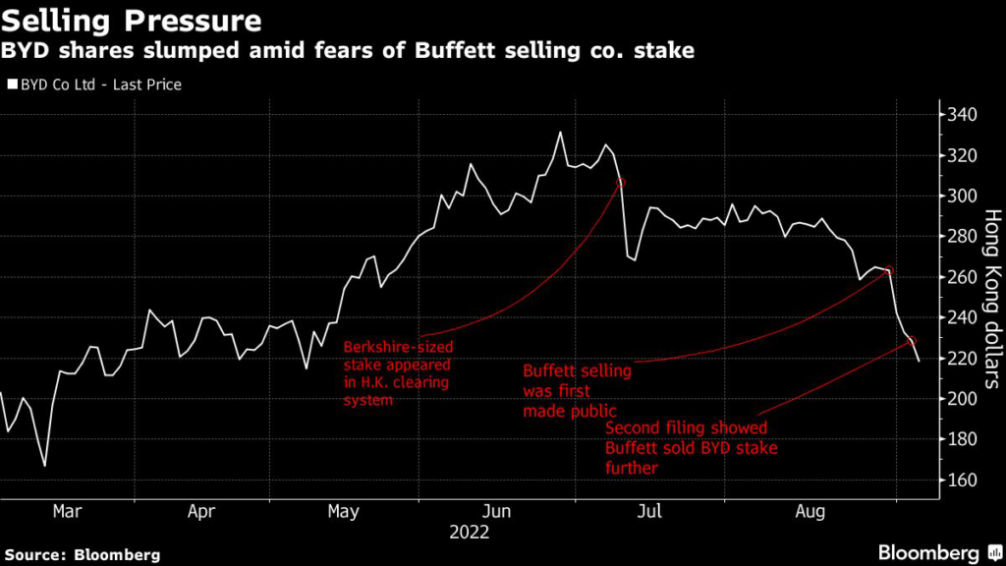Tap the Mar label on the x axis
tap(67, 512)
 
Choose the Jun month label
tap(497, 512)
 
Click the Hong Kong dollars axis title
tap(991, 295)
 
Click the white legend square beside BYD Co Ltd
tap(12, 85)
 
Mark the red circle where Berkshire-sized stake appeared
tap(620, 183)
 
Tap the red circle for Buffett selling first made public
tap(888, 271)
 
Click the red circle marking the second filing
tap(913, 341)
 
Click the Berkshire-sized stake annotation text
tap(397, 373)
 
